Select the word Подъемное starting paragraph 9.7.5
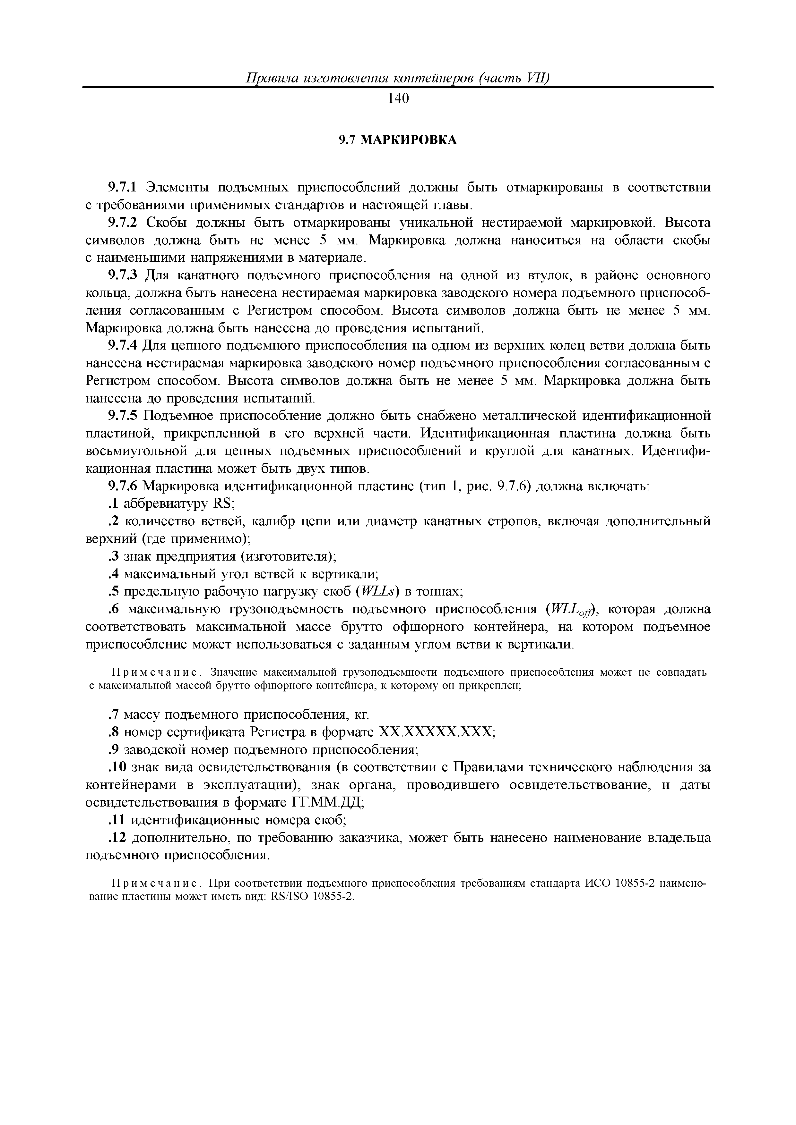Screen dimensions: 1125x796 coord(177,416)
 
